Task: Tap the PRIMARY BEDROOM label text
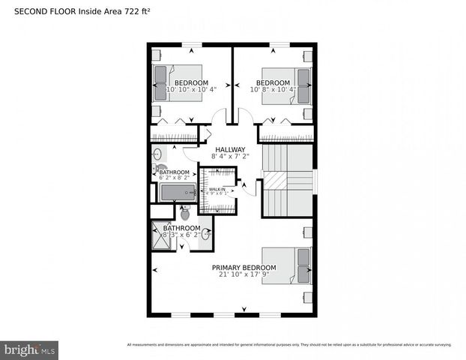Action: [x=243, y=268]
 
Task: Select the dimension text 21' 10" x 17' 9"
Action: [x=243, y=275]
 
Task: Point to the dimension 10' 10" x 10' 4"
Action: [x=191, y=90]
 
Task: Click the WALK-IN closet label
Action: [x=217, y=189]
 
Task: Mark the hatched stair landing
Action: [x=278, y=181]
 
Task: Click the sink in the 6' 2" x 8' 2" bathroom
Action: [x=158, y=154]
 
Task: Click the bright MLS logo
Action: [x=30, y=349]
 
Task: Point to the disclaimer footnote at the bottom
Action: [x=289, y=345]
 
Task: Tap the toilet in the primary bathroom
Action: [x=184, y=214]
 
